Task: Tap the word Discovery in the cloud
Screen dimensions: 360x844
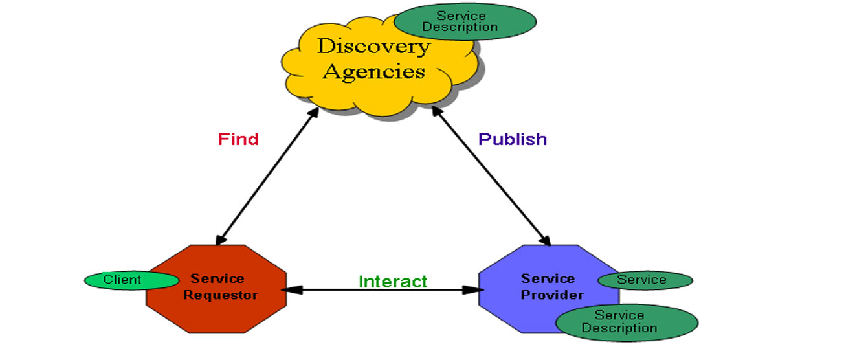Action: coord(373,47)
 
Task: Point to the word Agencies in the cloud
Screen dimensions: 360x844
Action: coord(373,71)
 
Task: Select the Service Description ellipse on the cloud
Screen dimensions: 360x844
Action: coord(465,22)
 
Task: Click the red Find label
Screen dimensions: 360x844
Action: coord(238,139)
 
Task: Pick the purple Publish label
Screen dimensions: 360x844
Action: coord(513,139)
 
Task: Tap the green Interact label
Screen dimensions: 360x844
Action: coord(393,282)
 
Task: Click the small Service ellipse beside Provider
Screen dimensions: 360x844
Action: coord(645,280)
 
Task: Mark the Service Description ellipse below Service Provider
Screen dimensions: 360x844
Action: coord(627,322)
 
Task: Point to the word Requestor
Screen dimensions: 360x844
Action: coord(220,295)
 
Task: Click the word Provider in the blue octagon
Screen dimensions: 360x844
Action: coord(552,295)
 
